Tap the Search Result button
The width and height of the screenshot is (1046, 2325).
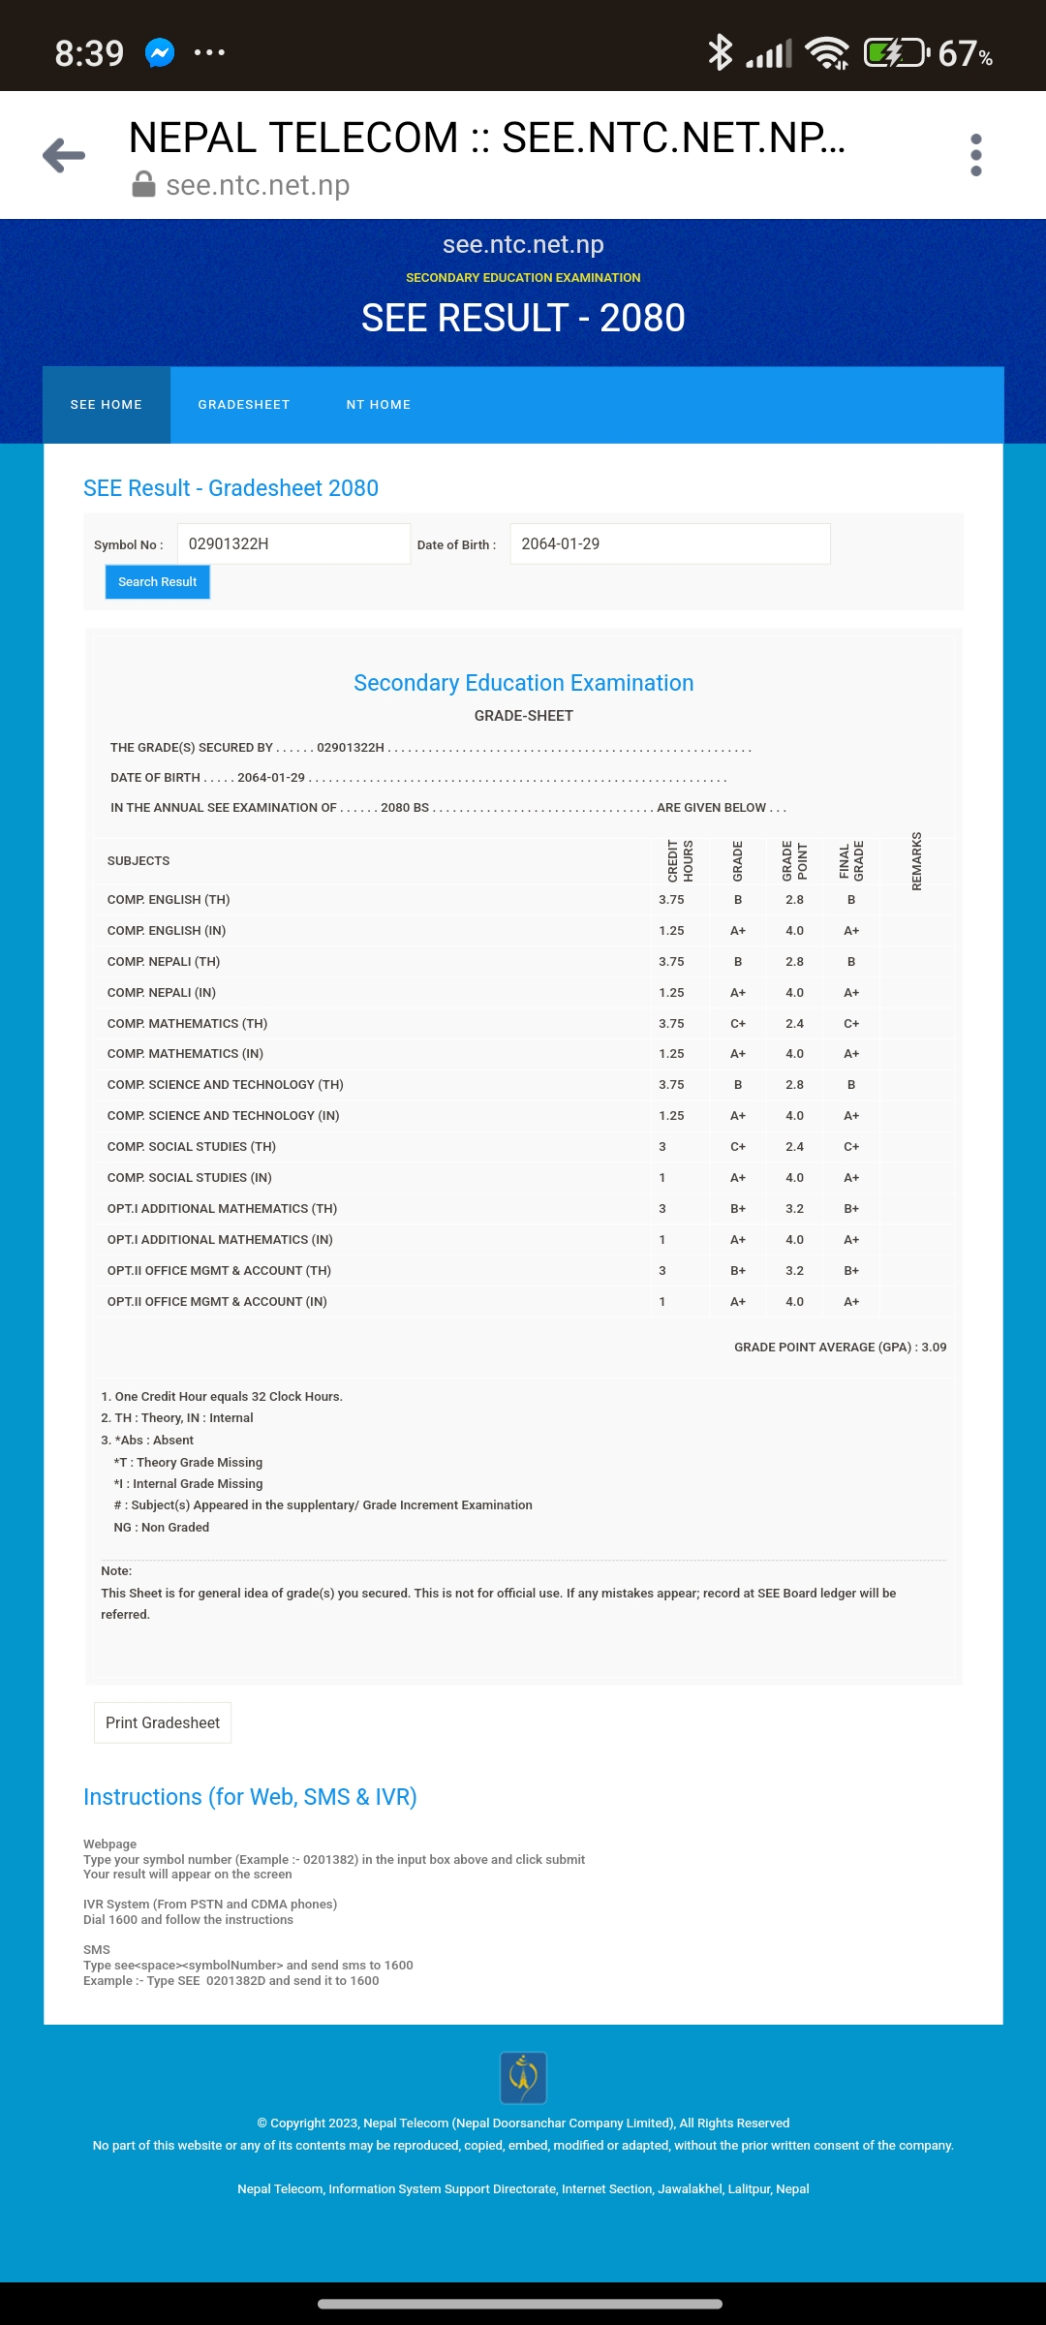tap(157, 582)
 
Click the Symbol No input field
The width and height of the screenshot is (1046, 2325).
tap(293, 544)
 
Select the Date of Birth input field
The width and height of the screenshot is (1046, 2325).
tap(669, 544)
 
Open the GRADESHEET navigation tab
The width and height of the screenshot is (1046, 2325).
tap(244, 405)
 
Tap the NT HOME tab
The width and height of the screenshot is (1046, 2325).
tap(379, 405)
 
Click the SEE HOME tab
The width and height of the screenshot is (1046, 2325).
tap(107, 405)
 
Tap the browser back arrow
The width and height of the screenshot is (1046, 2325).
tap(65, 155)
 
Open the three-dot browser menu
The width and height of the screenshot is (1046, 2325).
tap(975, 155)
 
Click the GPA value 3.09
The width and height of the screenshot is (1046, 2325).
tap(934, 1348)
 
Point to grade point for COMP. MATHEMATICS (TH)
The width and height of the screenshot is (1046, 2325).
tap(794, 1024)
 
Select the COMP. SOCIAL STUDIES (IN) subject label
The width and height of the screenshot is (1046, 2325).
tap(190, 1178)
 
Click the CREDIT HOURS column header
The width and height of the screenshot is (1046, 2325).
tap(680, 860)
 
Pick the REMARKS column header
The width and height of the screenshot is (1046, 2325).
tap(916, 860)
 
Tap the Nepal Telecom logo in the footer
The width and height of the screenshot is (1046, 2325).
tap(523, 2078)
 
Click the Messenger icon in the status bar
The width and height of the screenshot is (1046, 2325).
tap(160, 52)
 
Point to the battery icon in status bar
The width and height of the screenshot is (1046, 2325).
tap(895, 52)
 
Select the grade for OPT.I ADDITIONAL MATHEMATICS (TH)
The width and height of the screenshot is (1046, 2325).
tap(738, 1209)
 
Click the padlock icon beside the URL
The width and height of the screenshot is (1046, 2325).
tap(143, 185)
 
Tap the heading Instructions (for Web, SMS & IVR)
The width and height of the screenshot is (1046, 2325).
tap(250, 1797)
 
